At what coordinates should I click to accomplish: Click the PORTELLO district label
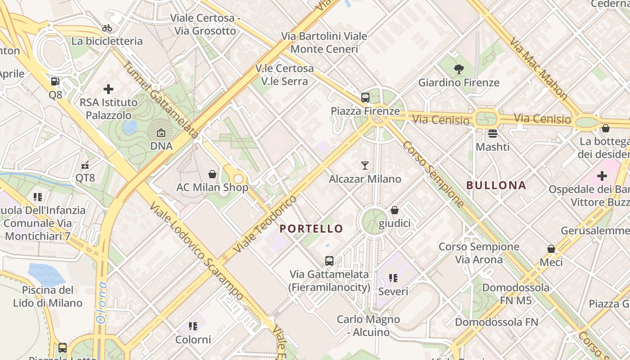point(311,229)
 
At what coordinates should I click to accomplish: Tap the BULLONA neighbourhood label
point(496,185)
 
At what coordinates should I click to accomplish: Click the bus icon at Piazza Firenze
point(365,97)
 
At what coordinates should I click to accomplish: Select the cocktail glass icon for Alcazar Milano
point(365,166)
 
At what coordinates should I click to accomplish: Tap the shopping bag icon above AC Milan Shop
point(212,174)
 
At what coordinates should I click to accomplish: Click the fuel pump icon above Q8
point(55,81)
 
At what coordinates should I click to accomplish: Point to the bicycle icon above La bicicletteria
point(107,28)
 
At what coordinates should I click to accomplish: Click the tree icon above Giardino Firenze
point(459,69)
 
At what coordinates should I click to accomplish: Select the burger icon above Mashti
point(493,134)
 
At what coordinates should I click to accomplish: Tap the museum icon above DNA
point(161,133)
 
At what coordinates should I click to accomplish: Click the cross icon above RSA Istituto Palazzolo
point(108,89)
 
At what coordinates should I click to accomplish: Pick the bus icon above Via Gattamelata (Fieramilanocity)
point(329,261)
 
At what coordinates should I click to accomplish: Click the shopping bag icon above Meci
point(551,249)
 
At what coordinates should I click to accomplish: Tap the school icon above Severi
point(393,278)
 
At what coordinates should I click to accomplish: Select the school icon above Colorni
point(193,326)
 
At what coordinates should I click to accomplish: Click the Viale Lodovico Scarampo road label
point(198,250)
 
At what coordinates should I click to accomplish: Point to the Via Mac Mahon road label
point(538,68)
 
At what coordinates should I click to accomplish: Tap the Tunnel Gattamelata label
point(160,99)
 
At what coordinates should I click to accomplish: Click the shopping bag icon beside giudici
point(395,210)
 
